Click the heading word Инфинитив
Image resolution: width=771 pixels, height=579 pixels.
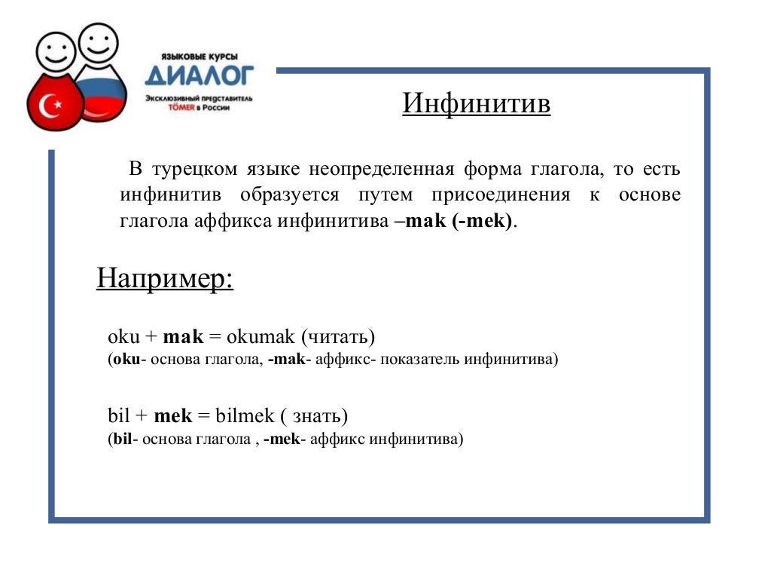point(476,104)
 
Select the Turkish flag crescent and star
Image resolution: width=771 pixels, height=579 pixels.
point(53,106)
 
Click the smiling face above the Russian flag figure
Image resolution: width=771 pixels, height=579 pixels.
point(99,43)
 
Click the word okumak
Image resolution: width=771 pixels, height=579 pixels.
point(255,336)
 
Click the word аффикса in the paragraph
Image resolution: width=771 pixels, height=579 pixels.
point(238,222)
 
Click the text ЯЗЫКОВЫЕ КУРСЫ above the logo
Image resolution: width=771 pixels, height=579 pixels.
point(200,57)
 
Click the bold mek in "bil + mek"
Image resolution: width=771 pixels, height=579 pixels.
point(172,415)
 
